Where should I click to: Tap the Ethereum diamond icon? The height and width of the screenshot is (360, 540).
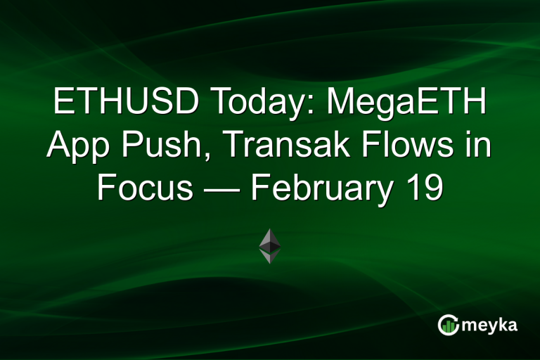(270, 245)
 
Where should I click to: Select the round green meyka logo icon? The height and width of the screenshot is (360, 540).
(448, 325)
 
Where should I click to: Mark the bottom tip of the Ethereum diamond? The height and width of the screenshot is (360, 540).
(270, 262)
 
